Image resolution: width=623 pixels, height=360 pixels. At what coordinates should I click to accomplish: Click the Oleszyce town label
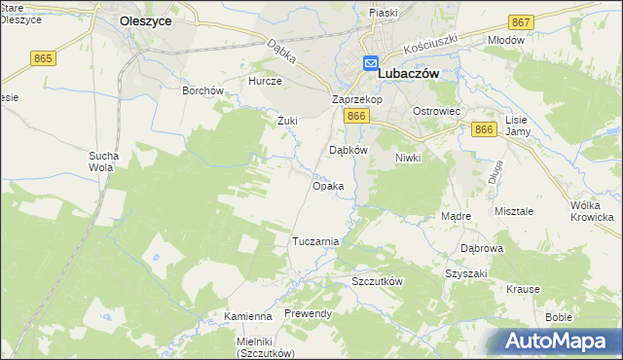[x=146, y=18]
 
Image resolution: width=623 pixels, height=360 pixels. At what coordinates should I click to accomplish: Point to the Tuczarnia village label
[x=315, y=240]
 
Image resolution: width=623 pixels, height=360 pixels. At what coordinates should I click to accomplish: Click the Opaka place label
[x=327, y=185]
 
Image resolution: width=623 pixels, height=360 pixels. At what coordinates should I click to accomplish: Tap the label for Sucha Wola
[x=103, y=162]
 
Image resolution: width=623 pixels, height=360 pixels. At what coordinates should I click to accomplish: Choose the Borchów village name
[x=203, y=90]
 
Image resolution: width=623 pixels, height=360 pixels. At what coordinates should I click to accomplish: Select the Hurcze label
[x=265, y=82]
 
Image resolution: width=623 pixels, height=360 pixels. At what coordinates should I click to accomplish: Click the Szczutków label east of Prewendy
[x=377, y=280]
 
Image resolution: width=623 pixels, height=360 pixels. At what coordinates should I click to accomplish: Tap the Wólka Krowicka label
[x=595, y=211]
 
